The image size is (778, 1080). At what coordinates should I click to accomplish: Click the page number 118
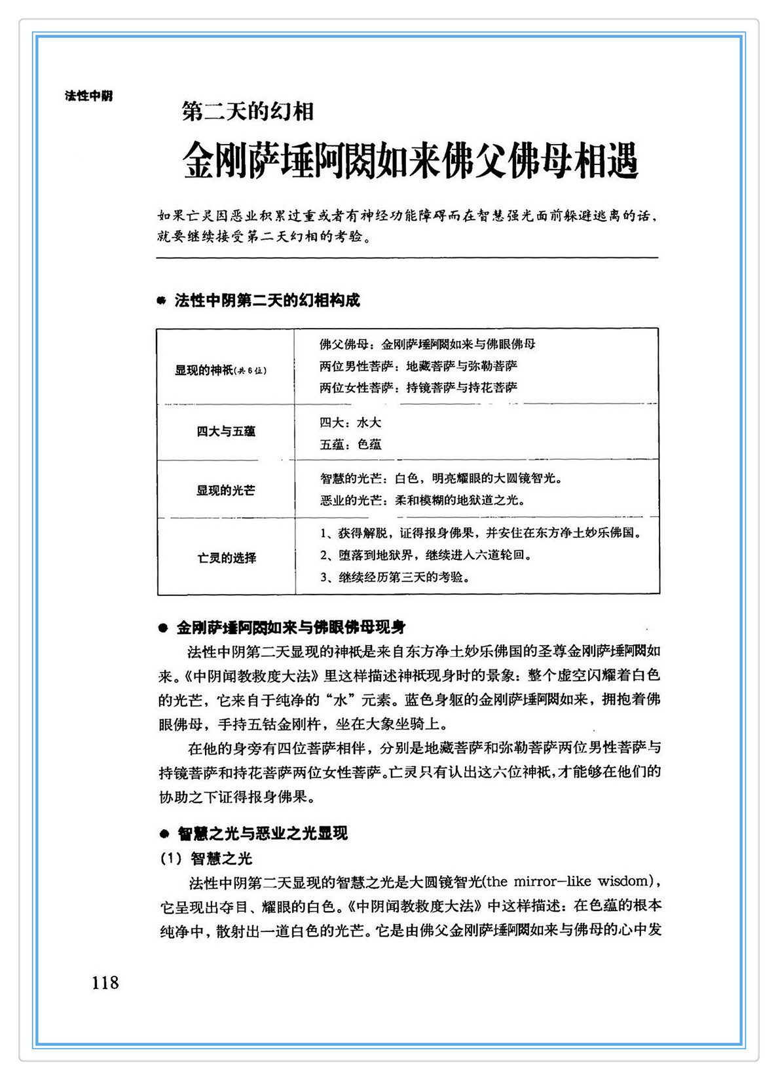105,982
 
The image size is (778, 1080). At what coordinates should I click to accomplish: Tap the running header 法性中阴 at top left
89,96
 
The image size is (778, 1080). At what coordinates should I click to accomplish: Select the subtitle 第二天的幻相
248,112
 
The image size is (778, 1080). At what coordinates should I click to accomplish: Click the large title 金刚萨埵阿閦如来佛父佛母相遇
410,160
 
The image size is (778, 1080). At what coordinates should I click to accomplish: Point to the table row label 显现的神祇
221,370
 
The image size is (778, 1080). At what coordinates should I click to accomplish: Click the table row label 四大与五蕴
226,432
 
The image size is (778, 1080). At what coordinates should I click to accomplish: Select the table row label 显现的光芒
225,491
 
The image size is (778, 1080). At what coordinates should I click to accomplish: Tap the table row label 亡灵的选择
227,558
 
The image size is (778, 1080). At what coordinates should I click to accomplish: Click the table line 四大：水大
350,422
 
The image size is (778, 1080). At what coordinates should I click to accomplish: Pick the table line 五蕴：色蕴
350,444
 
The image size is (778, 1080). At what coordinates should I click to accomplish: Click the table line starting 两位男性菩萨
418,365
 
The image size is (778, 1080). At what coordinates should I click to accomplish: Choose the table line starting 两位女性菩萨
418,387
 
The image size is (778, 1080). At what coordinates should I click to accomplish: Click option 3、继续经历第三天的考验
395,577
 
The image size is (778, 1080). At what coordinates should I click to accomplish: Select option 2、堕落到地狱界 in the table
425,555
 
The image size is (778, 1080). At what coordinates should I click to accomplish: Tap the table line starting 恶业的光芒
422,500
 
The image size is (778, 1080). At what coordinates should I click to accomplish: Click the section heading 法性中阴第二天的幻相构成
267,301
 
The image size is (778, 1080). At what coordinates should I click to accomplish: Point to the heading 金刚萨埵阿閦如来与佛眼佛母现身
291,627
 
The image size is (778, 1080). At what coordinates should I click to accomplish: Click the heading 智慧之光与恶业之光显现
263,834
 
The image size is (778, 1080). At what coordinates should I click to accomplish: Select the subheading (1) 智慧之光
206,858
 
